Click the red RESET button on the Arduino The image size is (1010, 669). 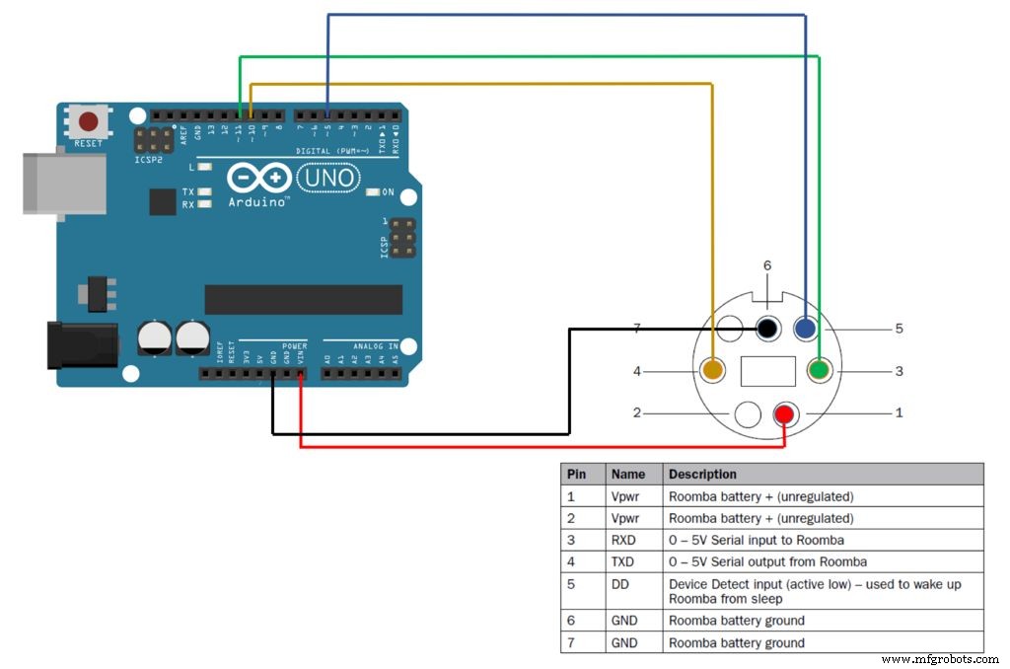[x=89, y=122]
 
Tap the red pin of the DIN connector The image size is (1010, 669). [x=785, y=412]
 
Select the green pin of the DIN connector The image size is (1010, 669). [x=819, y=371]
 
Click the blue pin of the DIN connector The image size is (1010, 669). [x=806, y=329]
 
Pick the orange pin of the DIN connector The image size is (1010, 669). [x=712, y=371]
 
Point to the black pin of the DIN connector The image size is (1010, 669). [x=769, y=329]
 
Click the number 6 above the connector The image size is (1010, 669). [x=767, y=265]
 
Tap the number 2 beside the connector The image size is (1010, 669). [x=637, y=412]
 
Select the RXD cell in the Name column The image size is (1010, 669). [x=623, y=540]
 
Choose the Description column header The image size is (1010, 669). [x=702, y=474]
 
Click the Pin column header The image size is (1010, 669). [x=576, y=474]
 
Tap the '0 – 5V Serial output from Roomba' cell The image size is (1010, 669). [x=767, y=561]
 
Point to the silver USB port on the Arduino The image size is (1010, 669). [x=64, y=183]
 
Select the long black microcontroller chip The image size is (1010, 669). [x=303, y=299]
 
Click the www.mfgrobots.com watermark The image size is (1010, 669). [x=940, y=658]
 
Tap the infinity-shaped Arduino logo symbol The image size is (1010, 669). [x=260, y=178]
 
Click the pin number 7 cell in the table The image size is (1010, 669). [x=571, y=642]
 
